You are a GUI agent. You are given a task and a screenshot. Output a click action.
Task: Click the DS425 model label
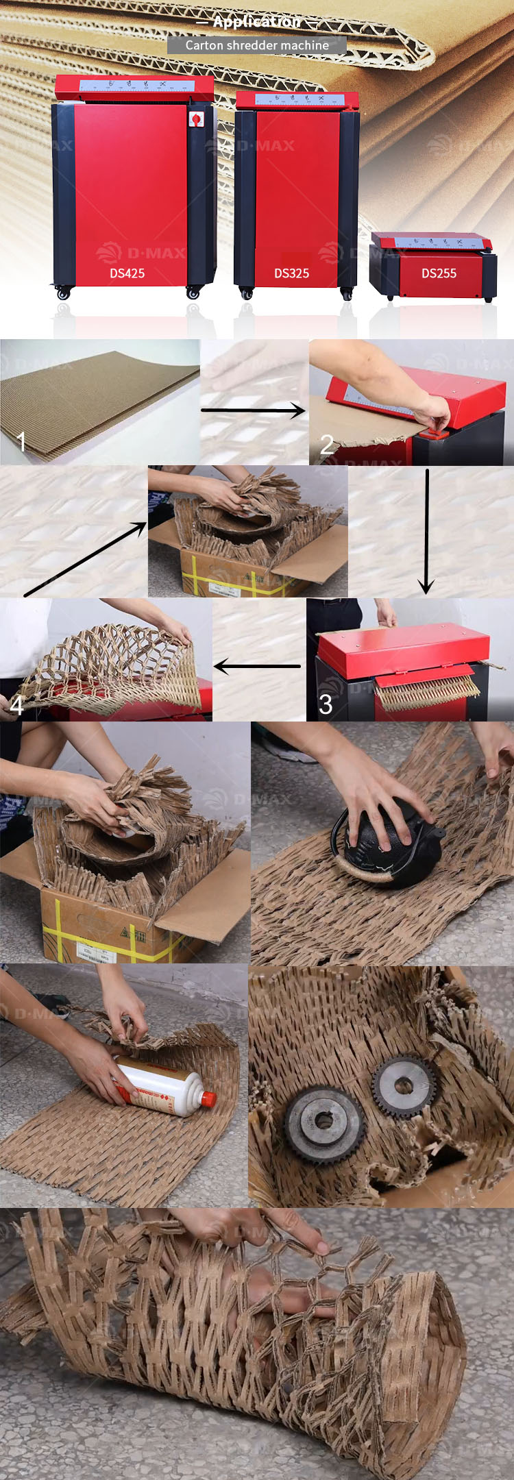point(127,273)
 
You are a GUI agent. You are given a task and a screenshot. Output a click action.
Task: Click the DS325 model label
point(291,273)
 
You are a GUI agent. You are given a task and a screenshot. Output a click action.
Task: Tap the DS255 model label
point(439,273)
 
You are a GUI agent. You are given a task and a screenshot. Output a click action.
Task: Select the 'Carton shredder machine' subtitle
point(257,45)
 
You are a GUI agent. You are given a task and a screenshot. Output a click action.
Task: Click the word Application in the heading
point(257,22)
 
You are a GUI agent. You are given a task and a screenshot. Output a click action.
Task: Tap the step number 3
point(326,704)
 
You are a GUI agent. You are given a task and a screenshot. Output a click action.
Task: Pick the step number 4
point(16,705)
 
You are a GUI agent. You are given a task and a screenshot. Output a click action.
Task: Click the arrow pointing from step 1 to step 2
point(254,410)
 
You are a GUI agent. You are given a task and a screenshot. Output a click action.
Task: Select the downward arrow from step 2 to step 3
point(426,531)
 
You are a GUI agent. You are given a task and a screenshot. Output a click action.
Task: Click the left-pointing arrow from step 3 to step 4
point(257,666)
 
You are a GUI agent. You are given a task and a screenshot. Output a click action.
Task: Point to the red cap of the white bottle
point(208,1099)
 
